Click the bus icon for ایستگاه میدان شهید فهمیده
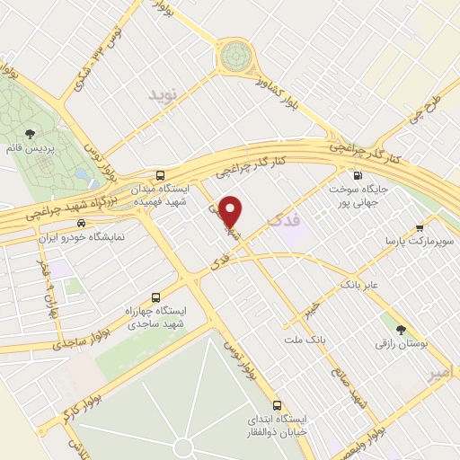click(x=160, y=175)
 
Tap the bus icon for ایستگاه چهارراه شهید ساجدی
click(x=157, y=297)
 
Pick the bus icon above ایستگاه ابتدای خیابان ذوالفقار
click(x=278, y=404)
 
